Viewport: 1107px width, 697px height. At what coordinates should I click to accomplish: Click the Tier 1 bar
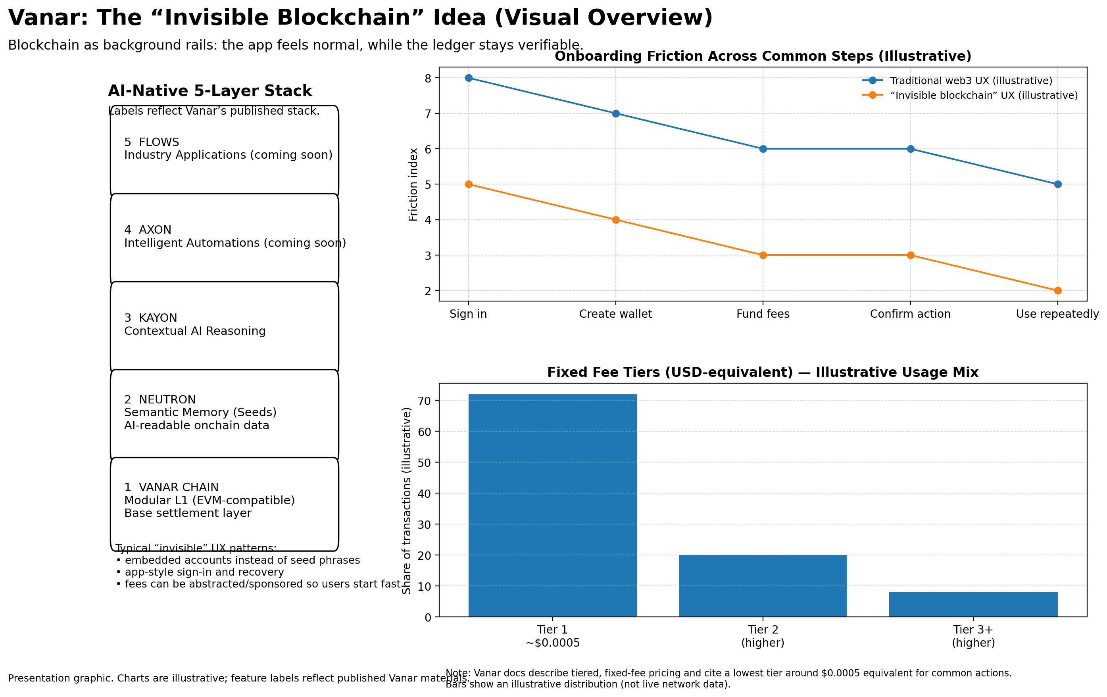pyautogui.click(x=552, y=505)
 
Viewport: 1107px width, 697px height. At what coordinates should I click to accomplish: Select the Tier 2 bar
pyautogui.click(x=763, y=586)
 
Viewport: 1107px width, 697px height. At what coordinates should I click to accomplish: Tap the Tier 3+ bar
pyautogui.click(x=973, y=604)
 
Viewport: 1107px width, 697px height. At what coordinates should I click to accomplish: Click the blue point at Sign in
pyautogui.click(x=469, y=78)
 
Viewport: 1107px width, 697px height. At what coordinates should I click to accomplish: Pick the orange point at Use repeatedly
pyautogui.click(x=1057, y=290)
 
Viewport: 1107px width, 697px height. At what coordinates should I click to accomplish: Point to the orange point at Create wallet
pyautogui.click(x=615, y=220)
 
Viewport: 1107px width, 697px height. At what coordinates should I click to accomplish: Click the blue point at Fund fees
pyautogui.click(x=763, y=149)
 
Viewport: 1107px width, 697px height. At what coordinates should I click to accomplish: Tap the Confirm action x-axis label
pyautogui.click(x=910, y=314)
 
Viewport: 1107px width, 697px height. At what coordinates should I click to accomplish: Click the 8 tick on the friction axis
pyautogui.click(x=428, y=79)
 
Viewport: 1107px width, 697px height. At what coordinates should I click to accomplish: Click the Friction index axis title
pyautogui.click(x=413, y=184)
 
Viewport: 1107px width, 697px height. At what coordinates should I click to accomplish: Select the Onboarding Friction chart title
pyautogui.click(x=763, y=56)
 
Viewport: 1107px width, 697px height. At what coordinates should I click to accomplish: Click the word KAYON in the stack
pyautogui.click(x=158, y=318)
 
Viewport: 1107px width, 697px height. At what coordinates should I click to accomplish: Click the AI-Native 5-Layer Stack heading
pyautogui.click(x=209, y=91)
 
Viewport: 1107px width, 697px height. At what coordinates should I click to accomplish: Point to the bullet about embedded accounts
pyautogui.click(x=238, y=560)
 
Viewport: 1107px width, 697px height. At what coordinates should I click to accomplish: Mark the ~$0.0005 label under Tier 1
pyautogui.click(x=552, y=643)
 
